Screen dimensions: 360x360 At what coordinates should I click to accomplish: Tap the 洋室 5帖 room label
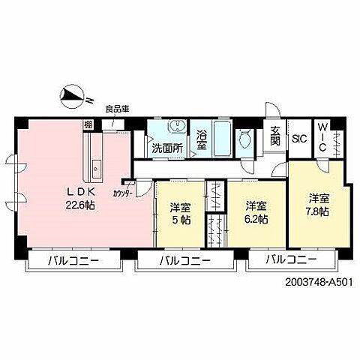point(179,213)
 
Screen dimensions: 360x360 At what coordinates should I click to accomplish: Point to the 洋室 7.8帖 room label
point(319,205)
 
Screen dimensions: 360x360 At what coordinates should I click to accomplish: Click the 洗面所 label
point(166,148)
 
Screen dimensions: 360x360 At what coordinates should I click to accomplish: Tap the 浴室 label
point(201,141)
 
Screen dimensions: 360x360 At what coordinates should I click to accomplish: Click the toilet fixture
point(244,139)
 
